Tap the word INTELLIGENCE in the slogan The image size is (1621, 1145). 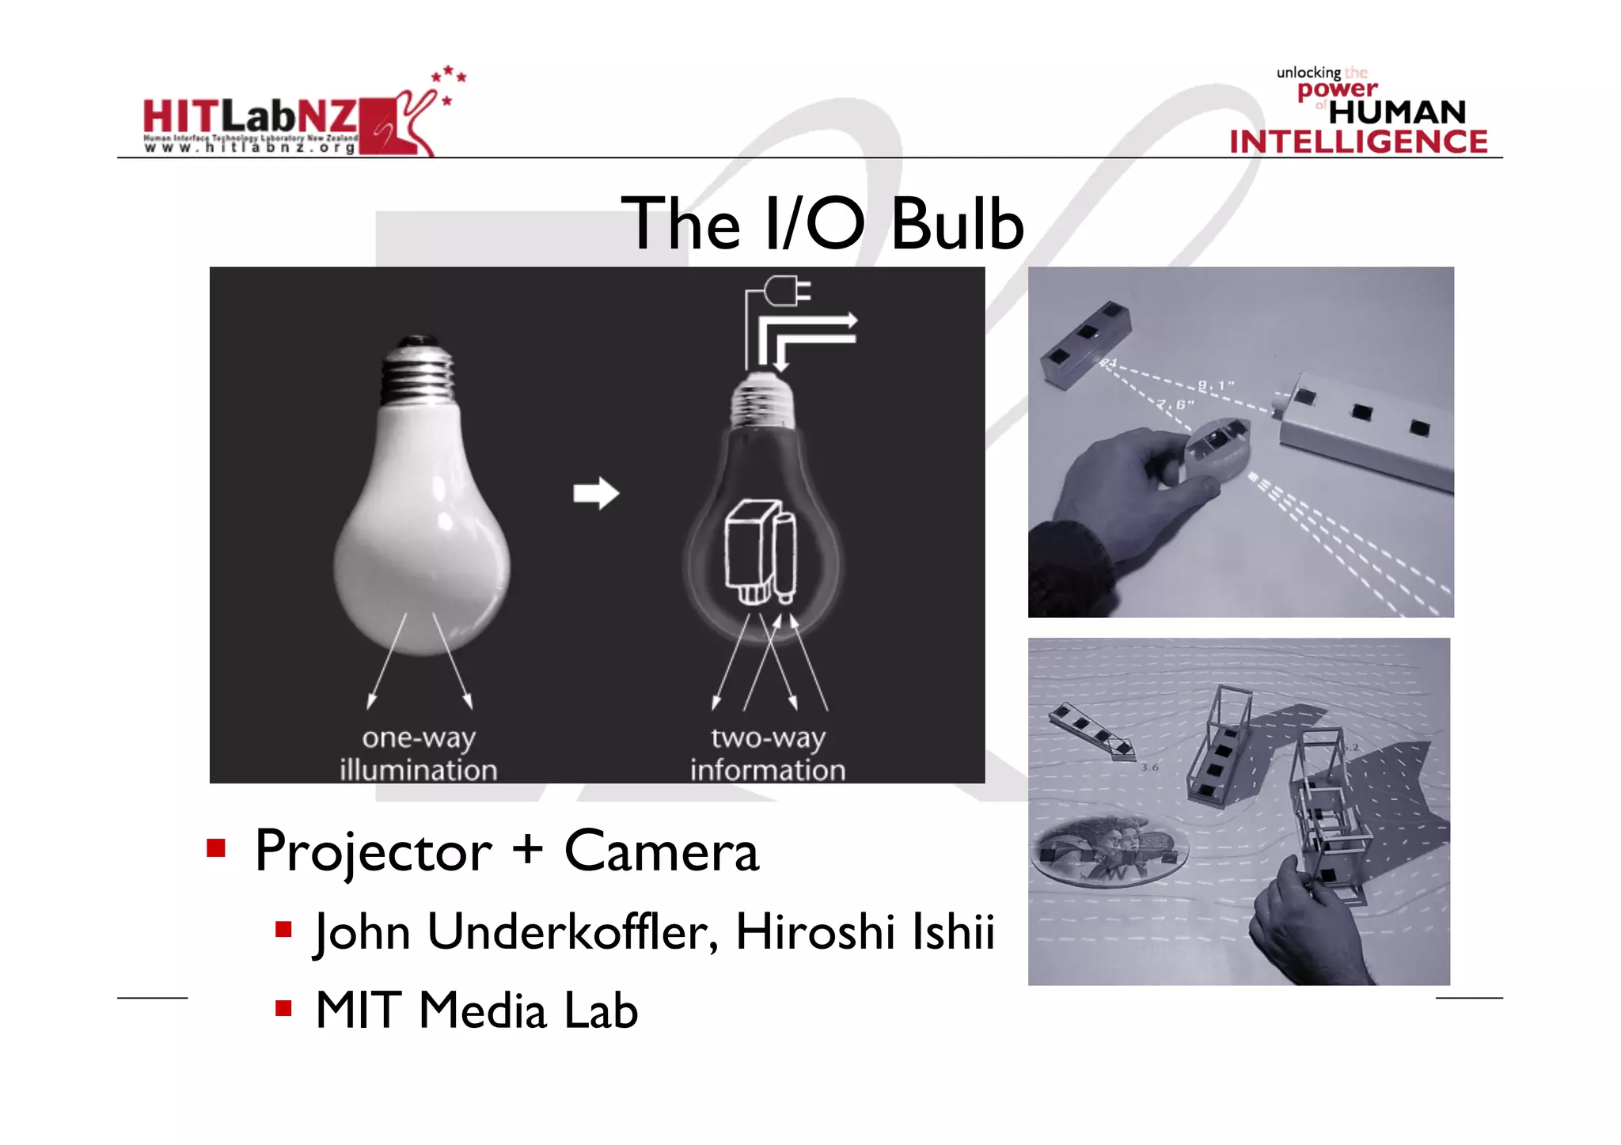(x=1358, y=142)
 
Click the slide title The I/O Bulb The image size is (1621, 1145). (x=822, y=224)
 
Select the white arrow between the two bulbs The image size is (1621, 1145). (x=596, y=493)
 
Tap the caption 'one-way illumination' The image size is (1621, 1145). (x=419, y=753)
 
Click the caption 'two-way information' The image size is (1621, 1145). (x=768, y=753)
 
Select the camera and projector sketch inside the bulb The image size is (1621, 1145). (x=760, y=552)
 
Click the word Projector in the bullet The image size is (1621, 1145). (x=373, y=852)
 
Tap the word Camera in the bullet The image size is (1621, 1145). (x=662, y=852)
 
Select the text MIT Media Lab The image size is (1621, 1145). (x=476, y=1011)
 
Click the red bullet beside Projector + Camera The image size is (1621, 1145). (x=216, y=849)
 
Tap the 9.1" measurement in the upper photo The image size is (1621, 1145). (x=1215, y=386)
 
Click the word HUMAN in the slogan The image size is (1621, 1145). (x=1397, y=112)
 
